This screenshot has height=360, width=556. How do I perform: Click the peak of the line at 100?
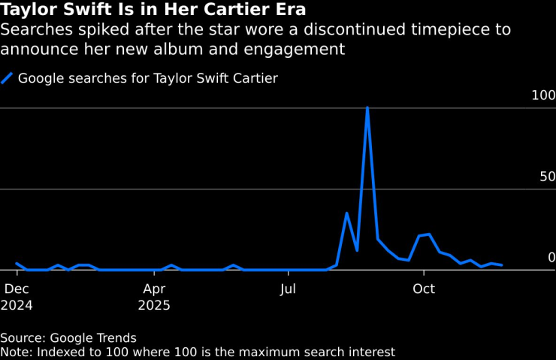coord(367,107)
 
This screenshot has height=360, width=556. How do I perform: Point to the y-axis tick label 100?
coord(543,95)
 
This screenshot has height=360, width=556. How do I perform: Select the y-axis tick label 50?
coord(547,177)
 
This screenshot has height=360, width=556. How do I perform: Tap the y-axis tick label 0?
coord(551,257)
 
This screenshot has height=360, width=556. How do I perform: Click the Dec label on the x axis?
coord(17,289)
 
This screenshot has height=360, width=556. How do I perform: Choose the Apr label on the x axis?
coord(153,289)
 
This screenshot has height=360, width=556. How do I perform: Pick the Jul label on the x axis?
coord(286,289)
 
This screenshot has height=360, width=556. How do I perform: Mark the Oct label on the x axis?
coord(424,289)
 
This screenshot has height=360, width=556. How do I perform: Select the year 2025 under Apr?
coord(154,306)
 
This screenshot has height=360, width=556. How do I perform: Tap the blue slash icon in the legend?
coord(8,78)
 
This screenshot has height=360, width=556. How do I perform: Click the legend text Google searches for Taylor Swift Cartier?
coord(148,78)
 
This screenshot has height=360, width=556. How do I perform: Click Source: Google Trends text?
coord(68,338)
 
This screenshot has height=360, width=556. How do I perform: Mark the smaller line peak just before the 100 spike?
coord(346,213)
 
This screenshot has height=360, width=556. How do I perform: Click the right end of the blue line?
coord(502,265)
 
